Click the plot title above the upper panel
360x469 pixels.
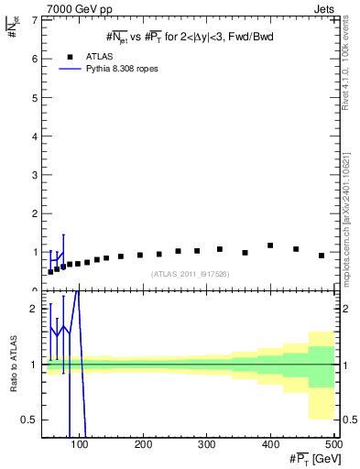(189, 37)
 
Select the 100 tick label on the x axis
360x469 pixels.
(81, 444)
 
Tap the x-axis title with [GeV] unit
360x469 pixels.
(312, 458)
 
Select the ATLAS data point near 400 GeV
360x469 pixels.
(270, 245)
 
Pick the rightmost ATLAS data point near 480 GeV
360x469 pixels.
(321, 256)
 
